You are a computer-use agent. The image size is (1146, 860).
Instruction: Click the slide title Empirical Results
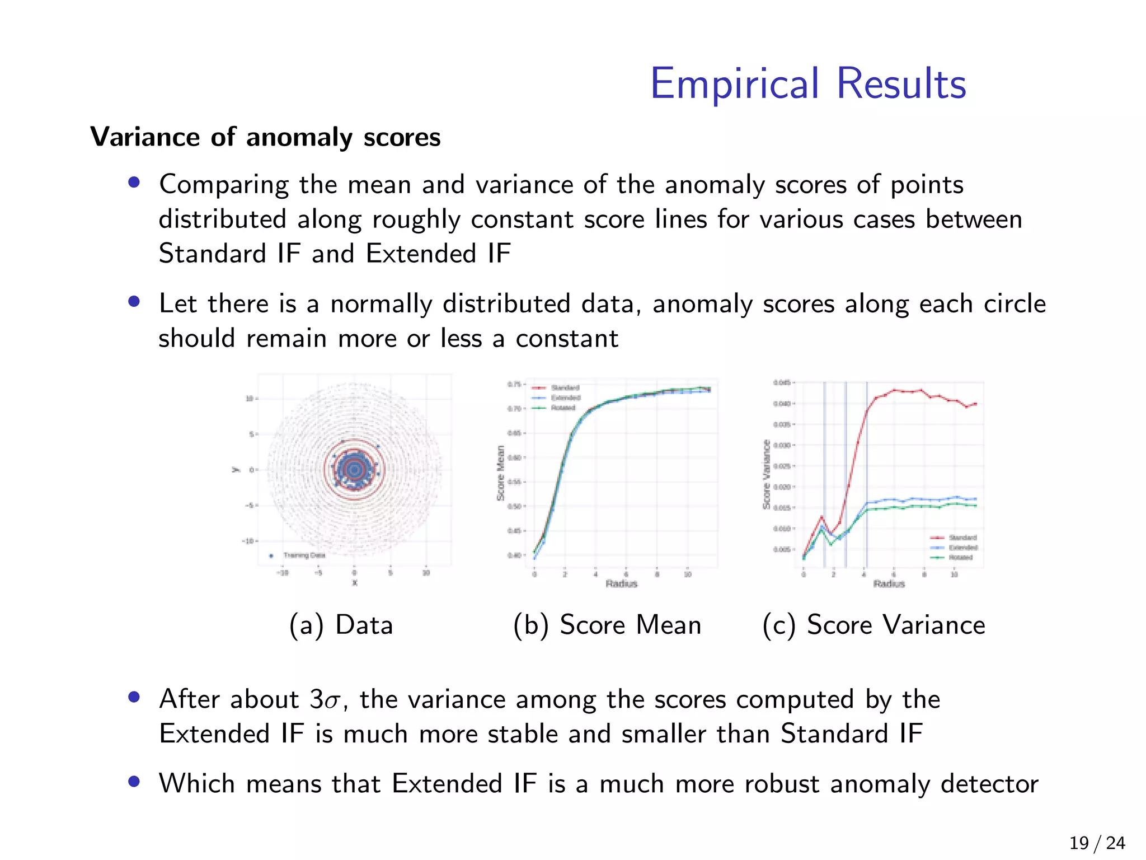808,84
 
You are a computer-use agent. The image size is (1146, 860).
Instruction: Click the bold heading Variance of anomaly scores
265,137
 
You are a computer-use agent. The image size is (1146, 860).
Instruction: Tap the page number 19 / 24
1097,843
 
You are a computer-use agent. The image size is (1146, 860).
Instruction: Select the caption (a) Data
341,625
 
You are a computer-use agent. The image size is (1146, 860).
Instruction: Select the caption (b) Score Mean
607,625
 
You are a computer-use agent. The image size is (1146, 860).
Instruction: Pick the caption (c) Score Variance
873,625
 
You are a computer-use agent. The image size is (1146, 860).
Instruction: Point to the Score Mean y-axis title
501,473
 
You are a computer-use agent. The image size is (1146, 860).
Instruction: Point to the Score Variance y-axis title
767,475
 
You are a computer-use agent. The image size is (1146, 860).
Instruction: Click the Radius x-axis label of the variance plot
889,584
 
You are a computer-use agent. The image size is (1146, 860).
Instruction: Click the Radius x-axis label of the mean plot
621,584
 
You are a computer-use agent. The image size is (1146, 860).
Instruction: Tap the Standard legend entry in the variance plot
962,537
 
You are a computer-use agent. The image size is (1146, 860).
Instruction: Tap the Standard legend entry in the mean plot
565,387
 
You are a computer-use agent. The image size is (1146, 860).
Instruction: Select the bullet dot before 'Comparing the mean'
134,183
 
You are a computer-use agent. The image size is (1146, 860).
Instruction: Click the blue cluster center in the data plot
354,470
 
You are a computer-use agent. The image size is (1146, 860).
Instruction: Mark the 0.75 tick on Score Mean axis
514,384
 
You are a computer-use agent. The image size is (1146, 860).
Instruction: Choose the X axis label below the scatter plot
354,583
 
